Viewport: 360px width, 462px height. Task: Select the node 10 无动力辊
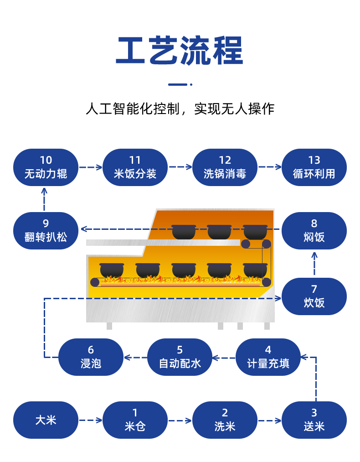point(46,167)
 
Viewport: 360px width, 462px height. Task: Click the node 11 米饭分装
point(135,167)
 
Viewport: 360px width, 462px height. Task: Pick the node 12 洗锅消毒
point(225,167)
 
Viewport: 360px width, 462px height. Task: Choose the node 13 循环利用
point(314,167)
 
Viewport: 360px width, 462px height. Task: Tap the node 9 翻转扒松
point(46,230)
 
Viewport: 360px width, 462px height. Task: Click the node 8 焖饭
point(314,230)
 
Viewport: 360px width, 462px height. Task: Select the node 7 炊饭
point(314,296)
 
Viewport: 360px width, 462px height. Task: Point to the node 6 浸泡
point(91,357)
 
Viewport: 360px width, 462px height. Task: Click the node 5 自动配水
point(180,357)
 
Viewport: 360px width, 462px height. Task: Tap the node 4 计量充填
point(268,357)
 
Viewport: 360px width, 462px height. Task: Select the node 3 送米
point(314,420)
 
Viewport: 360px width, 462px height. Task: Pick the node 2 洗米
point(225,420)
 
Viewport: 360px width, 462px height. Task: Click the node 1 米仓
point(135,420)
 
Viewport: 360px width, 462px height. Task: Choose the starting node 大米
point(46,420)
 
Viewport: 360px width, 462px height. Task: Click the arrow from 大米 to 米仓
point(90,420)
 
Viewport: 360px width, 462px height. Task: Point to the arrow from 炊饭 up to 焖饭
point(314,263)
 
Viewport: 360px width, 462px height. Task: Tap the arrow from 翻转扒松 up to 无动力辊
point(45,198)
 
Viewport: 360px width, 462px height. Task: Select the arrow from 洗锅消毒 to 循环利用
point(269,167)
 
